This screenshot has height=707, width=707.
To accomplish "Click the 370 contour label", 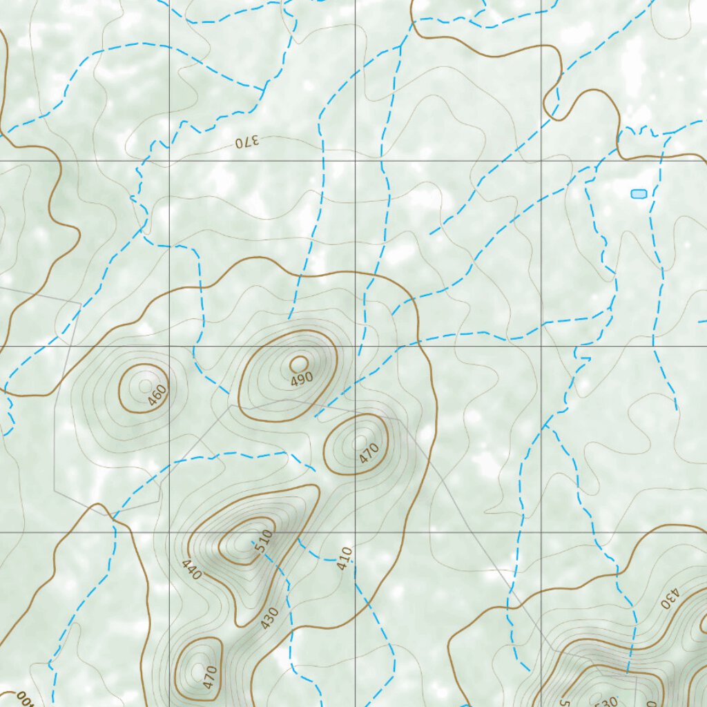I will (246, 142).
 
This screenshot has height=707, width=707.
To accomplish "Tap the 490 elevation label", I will (302, 378).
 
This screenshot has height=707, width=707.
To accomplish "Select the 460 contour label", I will (157, 396).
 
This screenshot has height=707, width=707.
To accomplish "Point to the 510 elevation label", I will (264, 541).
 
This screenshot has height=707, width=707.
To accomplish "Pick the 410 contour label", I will (345, 558).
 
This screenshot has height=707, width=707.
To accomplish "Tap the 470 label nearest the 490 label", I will (369, 453).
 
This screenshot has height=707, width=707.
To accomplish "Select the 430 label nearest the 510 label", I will (269, 617).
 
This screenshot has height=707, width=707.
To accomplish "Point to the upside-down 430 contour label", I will (670, 599).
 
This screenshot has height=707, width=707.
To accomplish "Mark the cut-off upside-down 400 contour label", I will (25, 699).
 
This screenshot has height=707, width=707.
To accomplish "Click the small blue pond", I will (639, 194).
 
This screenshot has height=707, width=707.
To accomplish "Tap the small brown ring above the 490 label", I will (299, 363).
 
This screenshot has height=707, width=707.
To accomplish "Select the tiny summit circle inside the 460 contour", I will (145, 385).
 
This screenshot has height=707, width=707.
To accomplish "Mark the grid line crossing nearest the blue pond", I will (541, 161).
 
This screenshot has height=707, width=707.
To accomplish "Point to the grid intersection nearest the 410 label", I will (356, 532).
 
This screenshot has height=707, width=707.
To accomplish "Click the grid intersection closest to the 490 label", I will (356, 347).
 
